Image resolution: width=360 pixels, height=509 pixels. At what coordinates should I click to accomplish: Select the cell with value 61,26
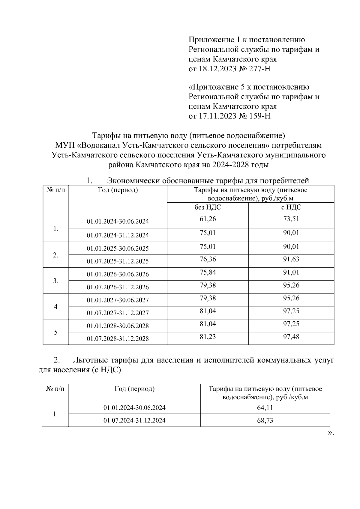point(208,219)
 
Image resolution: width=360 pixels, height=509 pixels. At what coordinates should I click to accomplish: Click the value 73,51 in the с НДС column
point(291,219)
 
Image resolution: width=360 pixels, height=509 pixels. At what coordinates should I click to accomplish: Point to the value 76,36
point(208,259)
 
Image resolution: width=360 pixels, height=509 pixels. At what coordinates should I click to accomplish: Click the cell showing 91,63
point(291,259)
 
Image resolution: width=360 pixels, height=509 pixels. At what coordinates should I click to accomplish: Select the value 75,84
point(208,272)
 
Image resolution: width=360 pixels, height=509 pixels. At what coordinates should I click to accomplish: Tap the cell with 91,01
point(291,272)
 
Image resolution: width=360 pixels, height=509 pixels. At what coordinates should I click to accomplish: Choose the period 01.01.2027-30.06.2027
point(118,300)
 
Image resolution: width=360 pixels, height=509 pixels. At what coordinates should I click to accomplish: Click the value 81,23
point(208,337)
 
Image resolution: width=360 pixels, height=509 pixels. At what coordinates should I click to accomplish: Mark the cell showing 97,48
point(291,337)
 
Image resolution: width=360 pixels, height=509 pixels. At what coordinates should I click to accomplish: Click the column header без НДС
point(208,207)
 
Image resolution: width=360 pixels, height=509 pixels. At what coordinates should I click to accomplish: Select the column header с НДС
point(291,207)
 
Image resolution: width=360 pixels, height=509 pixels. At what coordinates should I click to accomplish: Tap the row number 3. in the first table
point(56,281)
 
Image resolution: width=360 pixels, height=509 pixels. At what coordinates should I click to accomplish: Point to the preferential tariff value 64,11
point(265,408)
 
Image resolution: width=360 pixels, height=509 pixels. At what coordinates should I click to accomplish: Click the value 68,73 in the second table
point(265,421)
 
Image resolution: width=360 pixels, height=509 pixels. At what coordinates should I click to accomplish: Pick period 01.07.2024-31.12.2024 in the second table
point(134,421)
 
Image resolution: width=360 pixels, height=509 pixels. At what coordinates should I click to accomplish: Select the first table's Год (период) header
point(118,190)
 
